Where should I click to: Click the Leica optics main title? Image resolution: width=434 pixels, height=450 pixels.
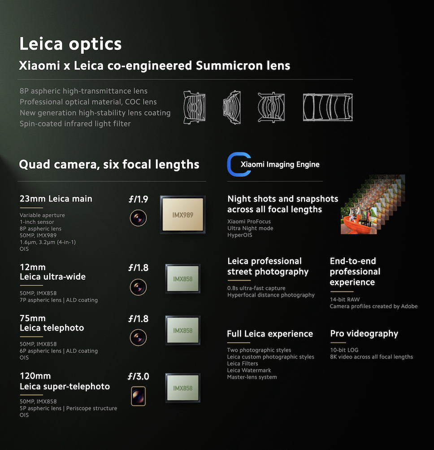[x=70, y=44]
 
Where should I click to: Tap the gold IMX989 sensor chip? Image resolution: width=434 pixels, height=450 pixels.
[x=183, y=214]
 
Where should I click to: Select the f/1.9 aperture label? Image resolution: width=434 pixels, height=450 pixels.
[x=138, y=199]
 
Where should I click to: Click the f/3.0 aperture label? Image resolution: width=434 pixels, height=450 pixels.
[x=138, y=376]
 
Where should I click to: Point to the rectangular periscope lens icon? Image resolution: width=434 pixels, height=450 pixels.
[x=138, y=396]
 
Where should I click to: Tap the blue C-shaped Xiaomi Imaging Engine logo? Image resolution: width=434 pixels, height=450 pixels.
[x=239, y=164]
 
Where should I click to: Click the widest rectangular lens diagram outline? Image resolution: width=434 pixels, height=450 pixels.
[x=328, y=107]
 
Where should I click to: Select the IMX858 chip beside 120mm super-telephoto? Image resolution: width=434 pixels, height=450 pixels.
[x=183, y=388]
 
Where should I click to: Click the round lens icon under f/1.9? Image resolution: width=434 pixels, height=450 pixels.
[x=138, y=218]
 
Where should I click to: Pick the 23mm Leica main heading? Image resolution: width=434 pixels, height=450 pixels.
[x=56, y=199]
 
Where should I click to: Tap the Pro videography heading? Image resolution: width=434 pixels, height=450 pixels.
[x=364, y=333]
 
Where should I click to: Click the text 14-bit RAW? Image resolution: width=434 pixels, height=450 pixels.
[x=344, y=299]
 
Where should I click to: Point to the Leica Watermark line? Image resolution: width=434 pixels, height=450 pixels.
[x=249, y=370]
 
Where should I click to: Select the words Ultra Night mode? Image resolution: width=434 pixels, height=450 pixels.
[x=250, y=228]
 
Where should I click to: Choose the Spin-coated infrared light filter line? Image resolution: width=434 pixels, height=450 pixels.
[x=75, y=124]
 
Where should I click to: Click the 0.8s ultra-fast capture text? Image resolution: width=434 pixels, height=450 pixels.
[x=256, y=288]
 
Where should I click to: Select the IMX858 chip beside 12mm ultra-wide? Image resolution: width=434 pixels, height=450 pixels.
[x=183, y=279]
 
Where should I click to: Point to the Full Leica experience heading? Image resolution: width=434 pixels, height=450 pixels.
[x=270, y=334]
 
